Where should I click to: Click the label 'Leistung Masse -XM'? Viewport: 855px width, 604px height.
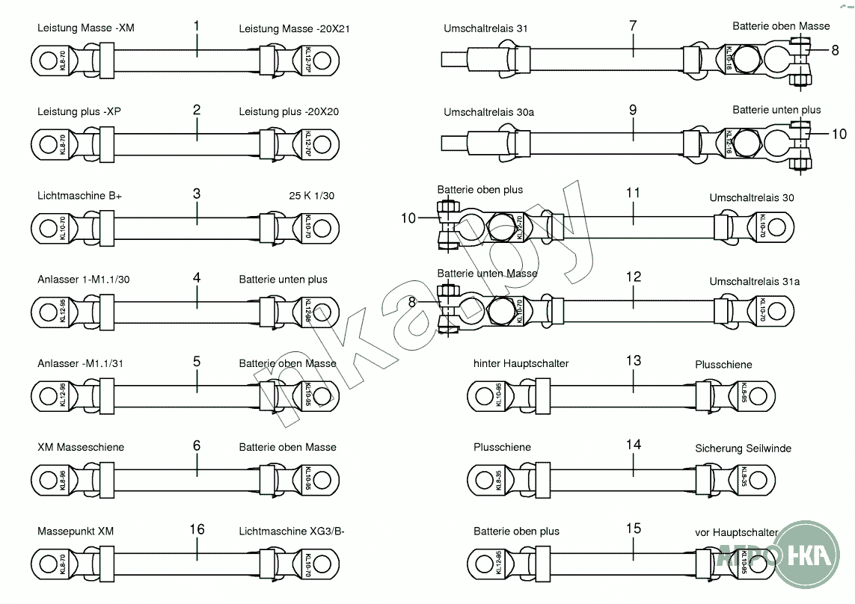(x=86, y=28)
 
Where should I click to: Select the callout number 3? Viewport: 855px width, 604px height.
(x=197, y=194)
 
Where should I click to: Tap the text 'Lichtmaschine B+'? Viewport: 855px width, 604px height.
(x=79, y=196)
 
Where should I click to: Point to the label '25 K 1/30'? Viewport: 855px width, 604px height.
(x=311, y=196)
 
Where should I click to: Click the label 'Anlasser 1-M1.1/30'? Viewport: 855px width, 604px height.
(x=85, y=280)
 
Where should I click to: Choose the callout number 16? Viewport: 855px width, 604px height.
(x=197, y=529)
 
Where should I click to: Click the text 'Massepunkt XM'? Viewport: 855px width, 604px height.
(x=76, y=531)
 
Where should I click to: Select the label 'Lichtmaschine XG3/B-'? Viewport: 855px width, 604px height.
(x=292, y=531)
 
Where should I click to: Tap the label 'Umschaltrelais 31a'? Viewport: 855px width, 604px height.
(x=754, y=282)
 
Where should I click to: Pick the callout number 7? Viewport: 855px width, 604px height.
(x=633, y=25)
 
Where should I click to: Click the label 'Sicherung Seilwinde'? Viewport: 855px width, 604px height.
(x=743, y=449)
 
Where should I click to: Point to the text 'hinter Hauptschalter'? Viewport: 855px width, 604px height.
(x=521, y=364)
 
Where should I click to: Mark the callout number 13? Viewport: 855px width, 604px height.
(x=633, y=361)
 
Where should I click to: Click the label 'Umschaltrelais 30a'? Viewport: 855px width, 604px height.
(x=488, y=113)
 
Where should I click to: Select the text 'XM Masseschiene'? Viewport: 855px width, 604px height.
(x=81, y=447)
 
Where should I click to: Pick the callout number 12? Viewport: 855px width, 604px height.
(x=633, y=277)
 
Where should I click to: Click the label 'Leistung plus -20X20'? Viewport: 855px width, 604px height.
(x=289, y=112)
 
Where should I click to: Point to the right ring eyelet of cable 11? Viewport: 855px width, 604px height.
(x=779, y=226)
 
